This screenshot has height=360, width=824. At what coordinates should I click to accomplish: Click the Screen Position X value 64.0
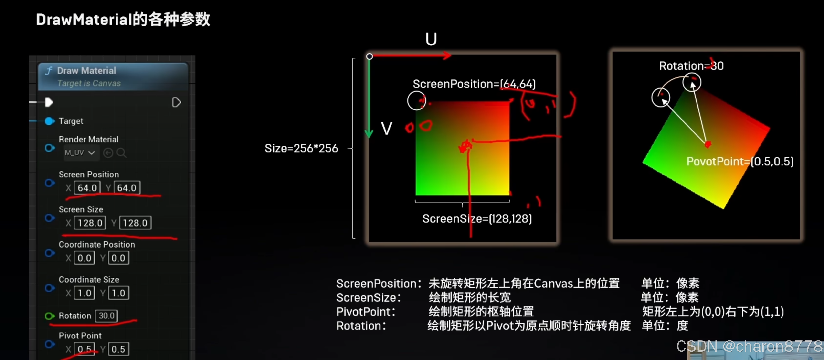(87, 188)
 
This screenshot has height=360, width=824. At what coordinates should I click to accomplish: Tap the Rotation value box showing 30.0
(106, 316)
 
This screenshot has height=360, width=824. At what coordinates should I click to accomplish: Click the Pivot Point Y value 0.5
(118, 349)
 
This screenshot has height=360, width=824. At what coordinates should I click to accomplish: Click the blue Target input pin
(50, 121)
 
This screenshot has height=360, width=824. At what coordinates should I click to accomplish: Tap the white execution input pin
(49, 102)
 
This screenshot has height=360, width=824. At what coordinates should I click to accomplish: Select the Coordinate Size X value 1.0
(84, 293)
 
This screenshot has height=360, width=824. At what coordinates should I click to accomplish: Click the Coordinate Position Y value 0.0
(118, 258)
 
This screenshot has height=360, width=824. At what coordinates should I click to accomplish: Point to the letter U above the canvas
(431, 39)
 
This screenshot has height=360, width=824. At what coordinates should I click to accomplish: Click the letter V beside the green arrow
(386, 129)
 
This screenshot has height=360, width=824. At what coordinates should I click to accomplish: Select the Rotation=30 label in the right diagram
(691, 66)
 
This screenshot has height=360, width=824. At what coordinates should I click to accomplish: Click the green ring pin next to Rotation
(49, 316)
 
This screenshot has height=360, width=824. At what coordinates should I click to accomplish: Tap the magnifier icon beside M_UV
(121, 153)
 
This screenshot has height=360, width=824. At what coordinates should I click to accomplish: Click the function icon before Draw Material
(49, 71)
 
